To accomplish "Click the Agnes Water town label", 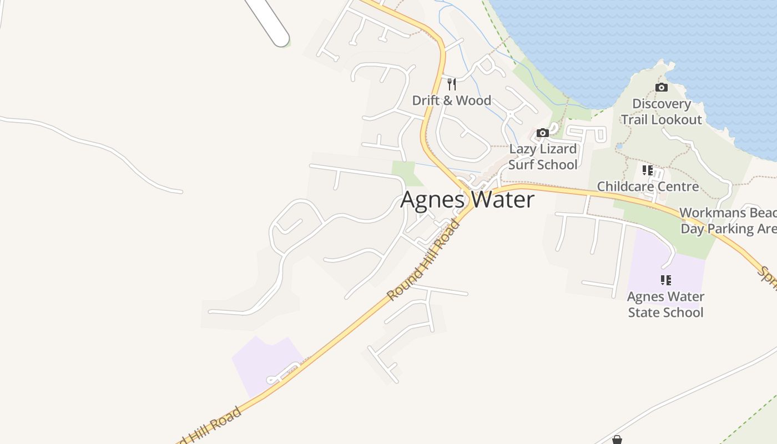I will point(467,200).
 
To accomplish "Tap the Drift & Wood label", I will point(451,100).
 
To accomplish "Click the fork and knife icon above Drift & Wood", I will point(452,84).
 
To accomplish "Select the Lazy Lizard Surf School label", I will point(543,157).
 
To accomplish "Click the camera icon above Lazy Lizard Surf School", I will point(543,133).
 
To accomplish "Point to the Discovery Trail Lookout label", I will point(661,112).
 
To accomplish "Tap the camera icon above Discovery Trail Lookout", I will point(661,87).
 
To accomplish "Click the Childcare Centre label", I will point(648,186).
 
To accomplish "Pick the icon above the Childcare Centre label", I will point(648,170).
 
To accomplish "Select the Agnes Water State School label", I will point(665,304).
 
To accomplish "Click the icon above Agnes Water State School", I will point(665,280).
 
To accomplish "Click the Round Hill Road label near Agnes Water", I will point(423,260).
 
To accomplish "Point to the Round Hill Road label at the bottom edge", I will point(210,426).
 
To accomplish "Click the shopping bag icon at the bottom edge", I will point(617,440).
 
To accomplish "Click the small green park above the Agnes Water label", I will point(405,172).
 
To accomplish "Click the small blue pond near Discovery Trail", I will point(619,147).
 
